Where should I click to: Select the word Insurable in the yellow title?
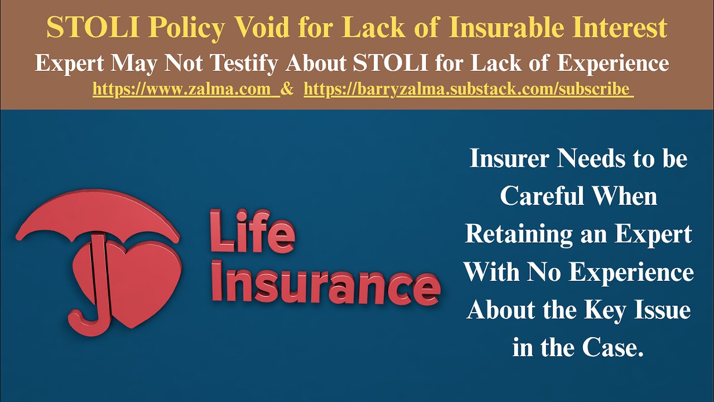point(505,28)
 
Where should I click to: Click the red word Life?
point(252,231)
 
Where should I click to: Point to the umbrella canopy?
point(98,215)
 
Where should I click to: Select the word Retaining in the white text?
point(517,234)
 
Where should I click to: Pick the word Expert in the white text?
point(653,234)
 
